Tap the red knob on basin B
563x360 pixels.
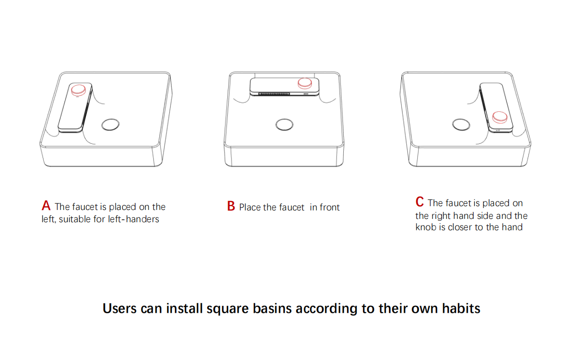point(305,83)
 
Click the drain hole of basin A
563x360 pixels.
point(110,125)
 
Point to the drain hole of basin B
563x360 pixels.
point(284,125)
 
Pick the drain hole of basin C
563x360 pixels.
point(461,125)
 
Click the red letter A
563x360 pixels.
point(46,206)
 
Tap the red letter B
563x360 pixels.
point(231,207)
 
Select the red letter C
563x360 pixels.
point(420,202)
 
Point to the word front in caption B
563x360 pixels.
point(330,208)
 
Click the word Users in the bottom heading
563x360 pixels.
point(120,309)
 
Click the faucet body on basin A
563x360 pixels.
point(72,113)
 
